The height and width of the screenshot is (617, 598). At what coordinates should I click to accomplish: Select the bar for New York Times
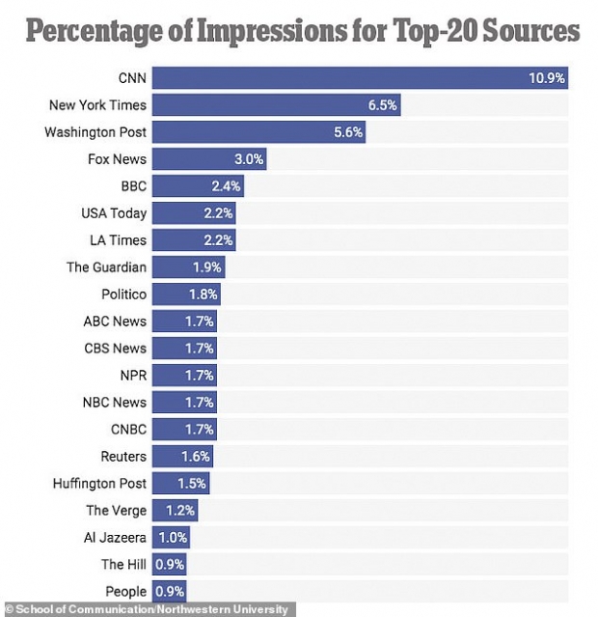tap(275, 105)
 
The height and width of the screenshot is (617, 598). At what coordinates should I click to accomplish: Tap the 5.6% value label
tap(347, 132)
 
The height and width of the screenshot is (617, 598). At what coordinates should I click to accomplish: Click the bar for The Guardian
tap(187, 267)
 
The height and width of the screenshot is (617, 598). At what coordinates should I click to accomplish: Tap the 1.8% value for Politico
tap(204, 294)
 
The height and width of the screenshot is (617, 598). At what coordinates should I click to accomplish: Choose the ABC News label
tap(115, 321)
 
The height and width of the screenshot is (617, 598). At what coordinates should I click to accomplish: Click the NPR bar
tap(183, 375)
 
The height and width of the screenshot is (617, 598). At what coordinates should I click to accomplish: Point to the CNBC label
tap(128, 429)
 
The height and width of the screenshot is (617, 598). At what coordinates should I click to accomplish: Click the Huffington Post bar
tap(179, 483)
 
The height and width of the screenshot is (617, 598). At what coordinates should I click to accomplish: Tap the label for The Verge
tap(116, 510)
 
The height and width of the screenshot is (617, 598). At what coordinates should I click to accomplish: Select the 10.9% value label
tap(547, 78)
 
